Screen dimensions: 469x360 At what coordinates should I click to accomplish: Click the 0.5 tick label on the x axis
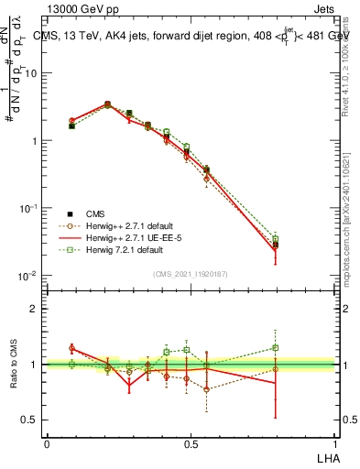(x=191, y=442)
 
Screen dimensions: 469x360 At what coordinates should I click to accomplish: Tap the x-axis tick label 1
(x=334, y=442)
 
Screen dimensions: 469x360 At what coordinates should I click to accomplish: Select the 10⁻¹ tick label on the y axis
(x=27, y=209)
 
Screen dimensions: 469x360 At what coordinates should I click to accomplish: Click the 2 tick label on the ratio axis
(x=34, y=309)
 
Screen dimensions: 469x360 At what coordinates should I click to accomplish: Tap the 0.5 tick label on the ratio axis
(x=29, y=420)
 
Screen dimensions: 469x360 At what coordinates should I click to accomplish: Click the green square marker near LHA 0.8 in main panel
(x=276, y=239)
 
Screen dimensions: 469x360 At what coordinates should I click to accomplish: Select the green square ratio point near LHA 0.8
(x=276, y=347)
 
